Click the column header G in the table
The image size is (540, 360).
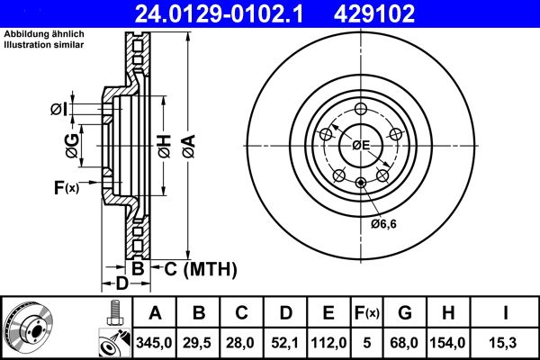404,313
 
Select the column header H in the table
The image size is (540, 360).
447,313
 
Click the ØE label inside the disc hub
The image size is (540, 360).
360,144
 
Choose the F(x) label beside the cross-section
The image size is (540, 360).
67,187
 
